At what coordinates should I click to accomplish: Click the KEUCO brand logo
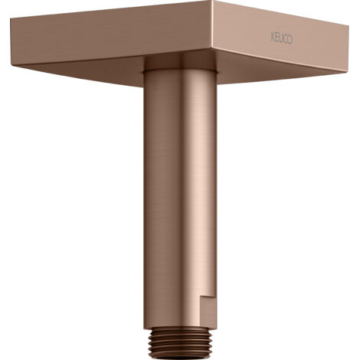[x=282, y=38]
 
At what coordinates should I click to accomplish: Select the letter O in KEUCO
[x=290, y=40]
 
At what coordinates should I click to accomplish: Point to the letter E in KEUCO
[x=277, y=37]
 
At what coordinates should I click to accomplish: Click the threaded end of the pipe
[x=180, y=342]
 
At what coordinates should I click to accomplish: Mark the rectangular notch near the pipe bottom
[x=208, y=308]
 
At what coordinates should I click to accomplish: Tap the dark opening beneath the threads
[x=180, y=358]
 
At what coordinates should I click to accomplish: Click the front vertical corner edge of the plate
[x=212, y=25]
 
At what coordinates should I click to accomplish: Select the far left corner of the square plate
[x=11, y=18]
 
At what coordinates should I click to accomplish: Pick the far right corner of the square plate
[x=349, y=25]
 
